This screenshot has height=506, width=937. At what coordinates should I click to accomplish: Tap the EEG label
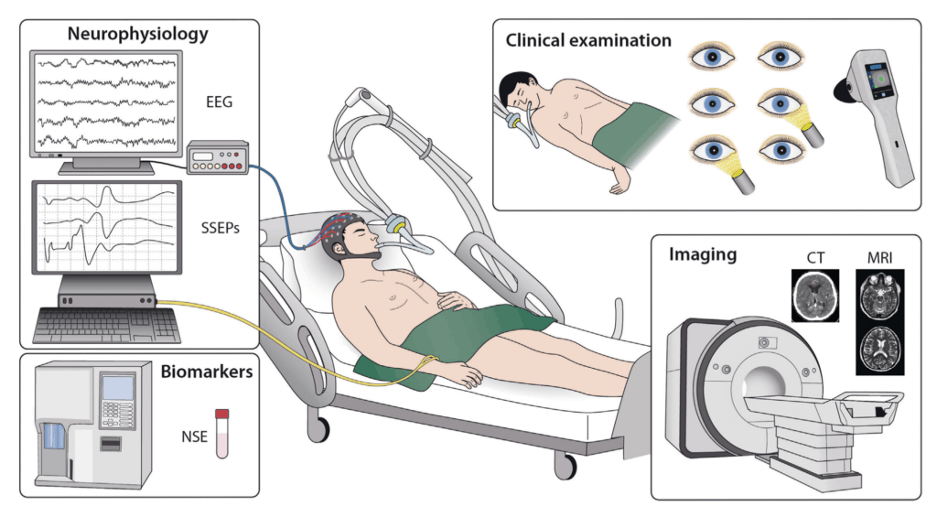coord(220,102)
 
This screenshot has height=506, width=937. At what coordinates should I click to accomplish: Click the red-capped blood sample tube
coord(221,433)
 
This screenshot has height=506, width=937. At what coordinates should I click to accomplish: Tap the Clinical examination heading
coord(589,41)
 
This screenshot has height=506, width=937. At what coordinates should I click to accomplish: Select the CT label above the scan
coord(813,258)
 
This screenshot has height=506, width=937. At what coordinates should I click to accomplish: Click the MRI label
coord(879,258)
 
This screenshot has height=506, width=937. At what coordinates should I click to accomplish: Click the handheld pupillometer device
coord(875,119)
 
